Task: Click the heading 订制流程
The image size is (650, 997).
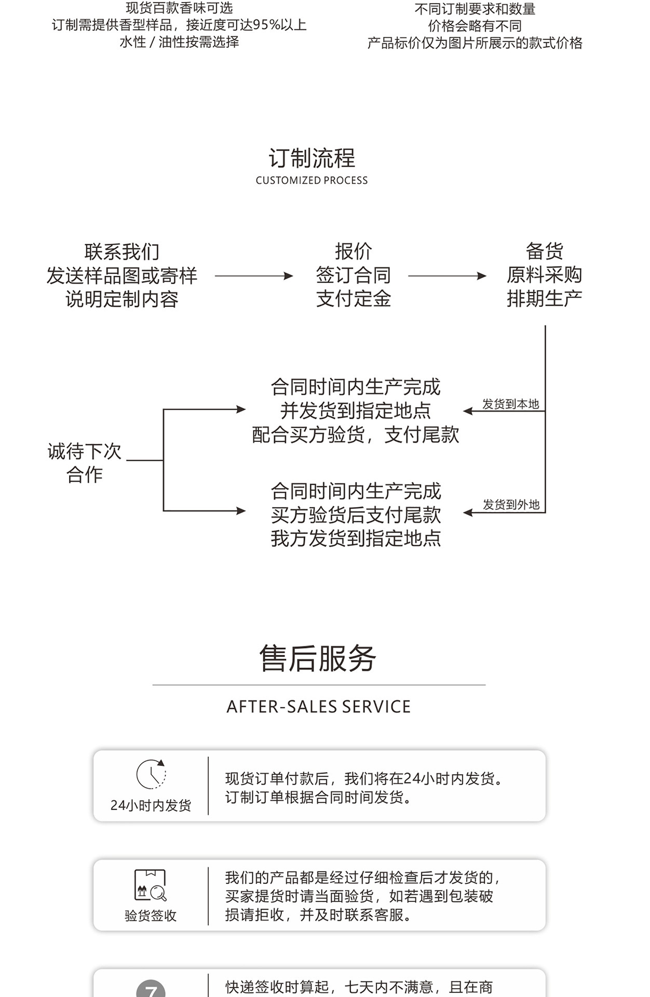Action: point(312,158)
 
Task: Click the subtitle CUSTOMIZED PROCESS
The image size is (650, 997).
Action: point(312,181)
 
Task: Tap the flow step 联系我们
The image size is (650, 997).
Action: point(121,252)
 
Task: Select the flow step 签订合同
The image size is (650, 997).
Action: point(353,275)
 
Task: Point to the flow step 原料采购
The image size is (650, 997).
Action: point(544,275)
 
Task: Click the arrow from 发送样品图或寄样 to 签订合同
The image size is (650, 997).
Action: point(254,276)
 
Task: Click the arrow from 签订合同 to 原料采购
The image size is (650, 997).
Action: point(447,276)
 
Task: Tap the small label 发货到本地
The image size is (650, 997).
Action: point(510,404)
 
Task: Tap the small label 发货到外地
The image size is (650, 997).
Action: point(511,505)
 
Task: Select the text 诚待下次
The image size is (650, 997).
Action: point(84,451)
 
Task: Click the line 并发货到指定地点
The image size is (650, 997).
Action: point(356,411)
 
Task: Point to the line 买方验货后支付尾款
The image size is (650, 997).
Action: point(356,515)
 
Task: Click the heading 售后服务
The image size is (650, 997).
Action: point(318,658)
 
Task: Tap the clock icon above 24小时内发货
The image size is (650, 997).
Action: point(151,774)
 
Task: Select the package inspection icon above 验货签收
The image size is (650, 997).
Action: point(150,885)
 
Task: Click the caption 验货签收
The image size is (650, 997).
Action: point(151,915)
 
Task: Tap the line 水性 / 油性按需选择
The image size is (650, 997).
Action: point(179,42)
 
